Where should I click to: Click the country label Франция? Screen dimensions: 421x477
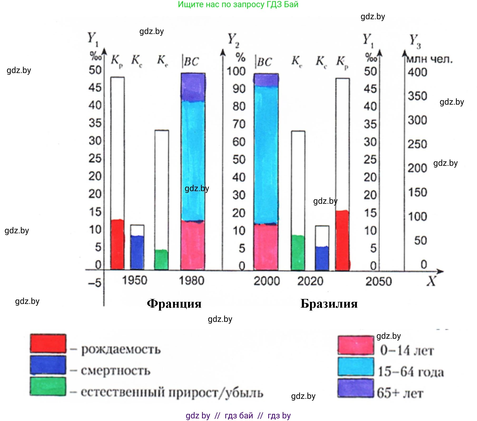[174, 304]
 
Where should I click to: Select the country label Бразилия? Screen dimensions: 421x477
[329, 304]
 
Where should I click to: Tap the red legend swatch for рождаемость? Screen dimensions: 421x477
[48, 343]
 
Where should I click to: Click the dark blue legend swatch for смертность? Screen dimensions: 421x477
[48, 365]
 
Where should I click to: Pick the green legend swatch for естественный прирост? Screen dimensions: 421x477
[48, 386]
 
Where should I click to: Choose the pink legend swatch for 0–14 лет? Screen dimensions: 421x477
[356, 345]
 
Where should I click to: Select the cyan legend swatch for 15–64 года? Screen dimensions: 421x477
[356, 366]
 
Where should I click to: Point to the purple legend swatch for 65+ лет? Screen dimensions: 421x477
[356, 388]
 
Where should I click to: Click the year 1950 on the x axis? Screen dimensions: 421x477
[134, 280]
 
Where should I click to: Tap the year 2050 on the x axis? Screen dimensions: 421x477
[378, 282]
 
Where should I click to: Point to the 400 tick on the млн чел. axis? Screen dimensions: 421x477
[417, 72]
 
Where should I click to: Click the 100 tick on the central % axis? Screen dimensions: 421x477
[236, 71]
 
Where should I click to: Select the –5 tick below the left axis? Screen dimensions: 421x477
[95, 283]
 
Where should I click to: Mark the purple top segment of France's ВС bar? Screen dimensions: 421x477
[193, 87]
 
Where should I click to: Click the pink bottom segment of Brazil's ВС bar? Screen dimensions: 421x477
[266, 247]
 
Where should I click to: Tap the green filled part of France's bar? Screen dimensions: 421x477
[161, 259]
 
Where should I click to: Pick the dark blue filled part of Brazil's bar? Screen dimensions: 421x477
[322, 258]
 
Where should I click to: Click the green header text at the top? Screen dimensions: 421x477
[238, 4]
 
